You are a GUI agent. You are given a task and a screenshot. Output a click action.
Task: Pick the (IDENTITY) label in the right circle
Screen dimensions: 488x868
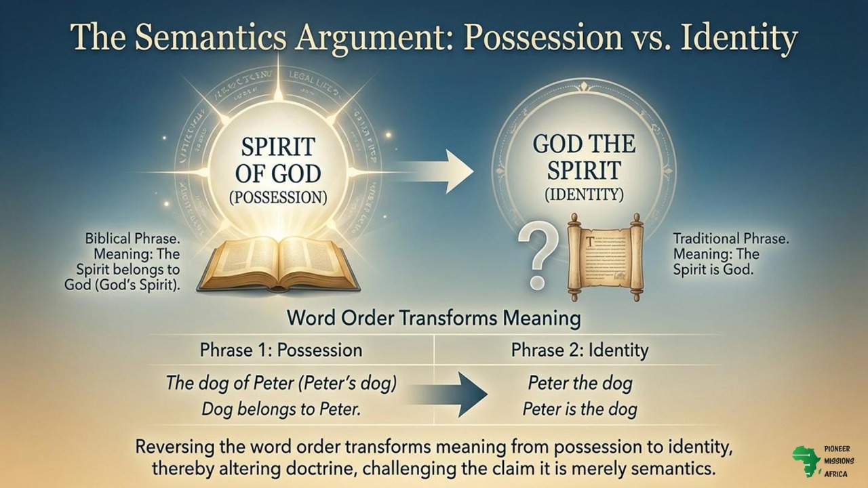point(584,195)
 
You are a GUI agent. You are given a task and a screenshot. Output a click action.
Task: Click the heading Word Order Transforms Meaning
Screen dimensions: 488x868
point(434,317)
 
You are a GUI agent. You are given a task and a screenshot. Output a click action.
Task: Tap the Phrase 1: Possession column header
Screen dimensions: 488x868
point(281,350)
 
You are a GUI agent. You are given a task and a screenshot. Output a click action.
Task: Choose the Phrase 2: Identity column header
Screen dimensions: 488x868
point(580,350)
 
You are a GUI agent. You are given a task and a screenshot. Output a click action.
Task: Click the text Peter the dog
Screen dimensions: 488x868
point(580,383)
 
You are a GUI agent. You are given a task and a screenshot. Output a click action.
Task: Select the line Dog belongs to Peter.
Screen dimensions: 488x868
point(281,409)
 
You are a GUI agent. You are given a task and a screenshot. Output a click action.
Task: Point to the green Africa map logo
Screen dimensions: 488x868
point(806,461)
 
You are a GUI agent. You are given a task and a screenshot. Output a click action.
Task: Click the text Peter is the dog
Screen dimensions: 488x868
point(580,409)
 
